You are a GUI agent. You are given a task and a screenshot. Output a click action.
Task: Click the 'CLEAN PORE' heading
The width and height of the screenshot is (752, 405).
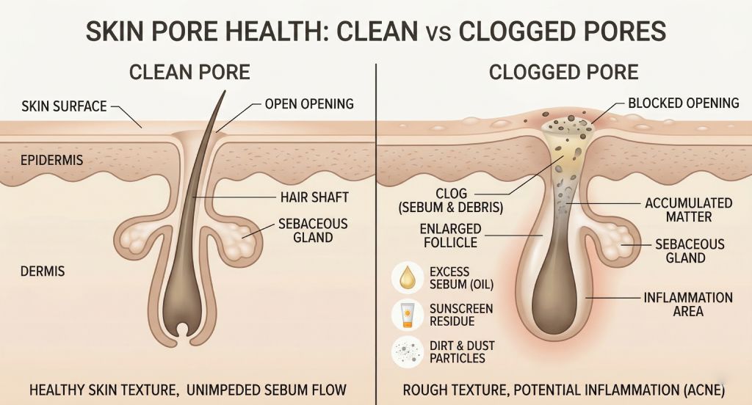[189, 73]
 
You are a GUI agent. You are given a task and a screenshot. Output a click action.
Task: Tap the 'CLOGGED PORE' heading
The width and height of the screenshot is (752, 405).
[563, 73]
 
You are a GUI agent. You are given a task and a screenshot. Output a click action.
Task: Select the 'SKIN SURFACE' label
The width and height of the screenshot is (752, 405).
[65, 106]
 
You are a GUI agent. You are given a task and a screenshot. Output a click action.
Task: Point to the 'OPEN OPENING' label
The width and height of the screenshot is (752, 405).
[309, 103]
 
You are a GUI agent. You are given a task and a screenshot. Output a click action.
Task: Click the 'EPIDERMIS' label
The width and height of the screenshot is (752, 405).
[52, 160]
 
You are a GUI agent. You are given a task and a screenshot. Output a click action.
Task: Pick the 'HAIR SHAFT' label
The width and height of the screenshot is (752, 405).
[314, 197]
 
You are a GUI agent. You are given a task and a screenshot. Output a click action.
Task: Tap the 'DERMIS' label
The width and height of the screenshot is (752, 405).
[43, 271]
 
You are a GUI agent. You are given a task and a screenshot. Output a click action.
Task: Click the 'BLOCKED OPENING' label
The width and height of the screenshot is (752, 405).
[684, 103]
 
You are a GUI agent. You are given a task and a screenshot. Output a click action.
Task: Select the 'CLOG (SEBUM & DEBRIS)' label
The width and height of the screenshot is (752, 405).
[451, 200]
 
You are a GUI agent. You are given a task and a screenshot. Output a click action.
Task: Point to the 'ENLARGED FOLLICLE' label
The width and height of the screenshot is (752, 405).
[450, 236]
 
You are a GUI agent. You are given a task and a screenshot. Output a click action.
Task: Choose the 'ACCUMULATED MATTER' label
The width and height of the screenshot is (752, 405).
[689, 210]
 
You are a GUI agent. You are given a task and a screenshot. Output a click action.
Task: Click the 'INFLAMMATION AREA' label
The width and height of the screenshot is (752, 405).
[688, 304]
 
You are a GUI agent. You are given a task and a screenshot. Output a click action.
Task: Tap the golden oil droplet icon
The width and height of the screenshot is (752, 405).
[408, 277]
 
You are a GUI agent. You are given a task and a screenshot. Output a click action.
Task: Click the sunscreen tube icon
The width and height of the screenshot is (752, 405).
[408, 315]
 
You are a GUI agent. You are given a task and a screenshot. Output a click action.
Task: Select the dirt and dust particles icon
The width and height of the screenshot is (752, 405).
[408, 351]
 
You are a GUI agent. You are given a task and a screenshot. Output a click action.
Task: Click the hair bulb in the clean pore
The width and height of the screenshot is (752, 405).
[181, 307]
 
